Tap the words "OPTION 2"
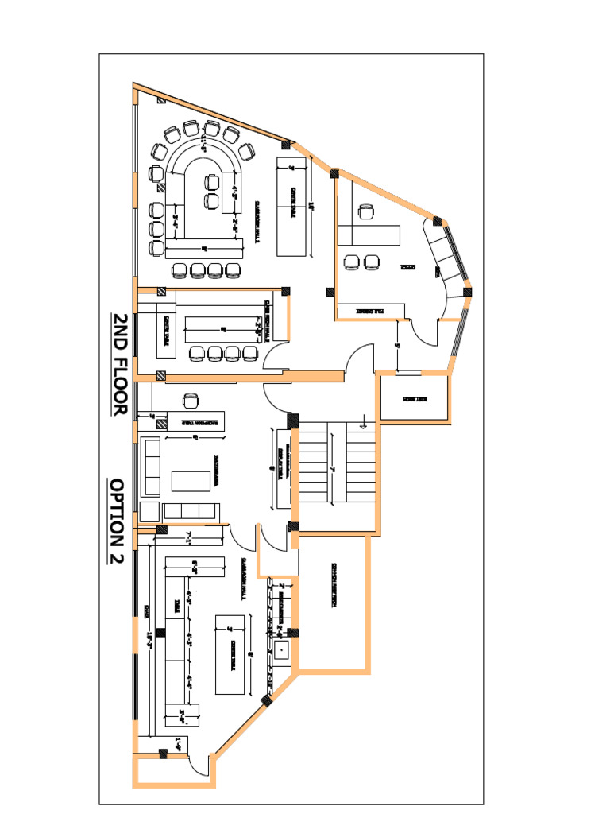click(117, 521)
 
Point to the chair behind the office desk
click(365, 211)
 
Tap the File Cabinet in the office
click(370, 312)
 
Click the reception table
click(193, 422)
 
